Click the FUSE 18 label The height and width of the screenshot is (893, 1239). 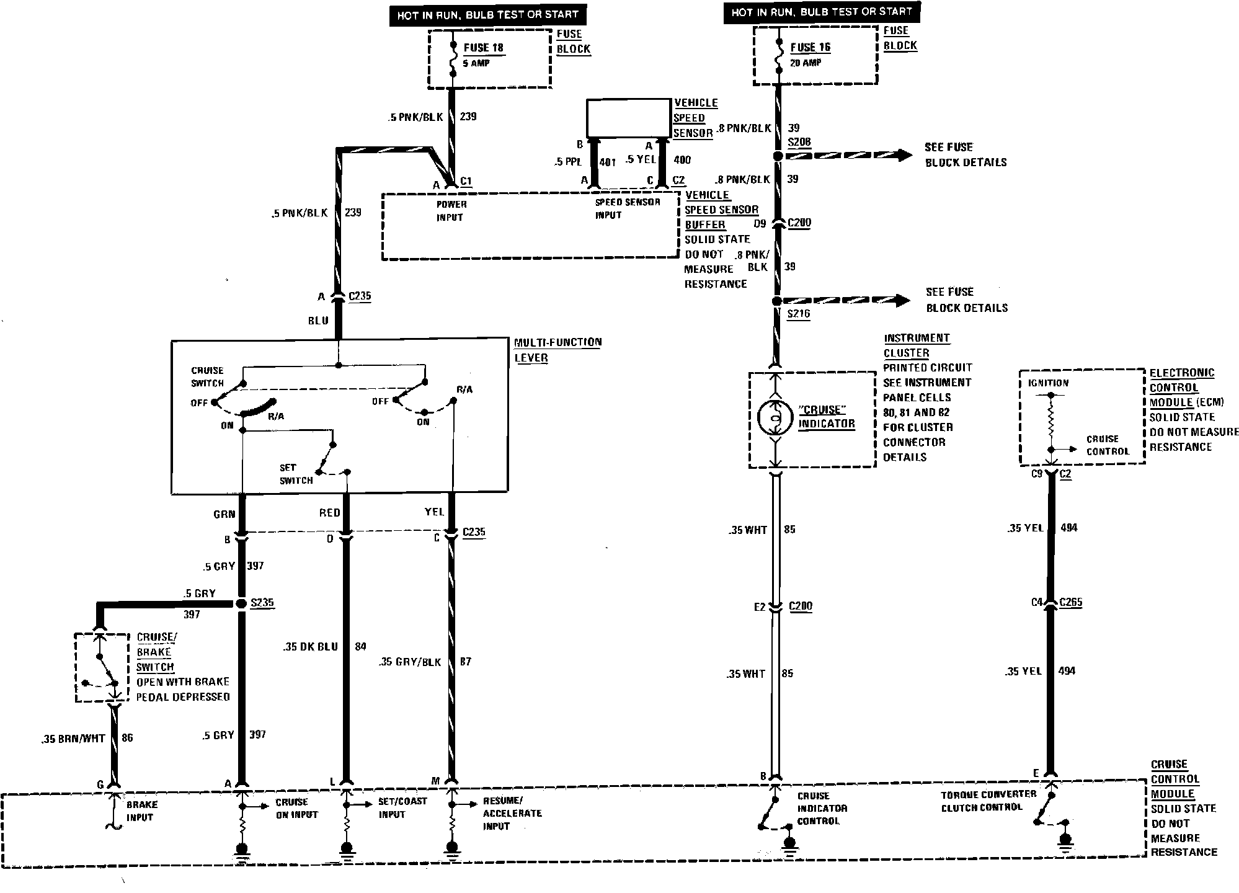(483, 48)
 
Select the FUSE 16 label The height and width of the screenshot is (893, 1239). (810, 47)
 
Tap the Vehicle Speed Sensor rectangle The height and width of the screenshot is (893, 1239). (629, 118)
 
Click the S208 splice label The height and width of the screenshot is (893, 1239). (799, 142)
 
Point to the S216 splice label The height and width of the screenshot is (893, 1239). (798, 314)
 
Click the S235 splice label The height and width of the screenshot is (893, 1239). (262, 603)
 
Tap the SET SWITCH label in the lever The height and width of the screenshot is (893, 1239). (296, 474)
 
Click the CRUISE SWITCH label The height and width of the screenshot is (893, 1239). (207, 376)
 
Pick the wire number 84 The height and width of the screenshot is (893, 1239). (360, 646)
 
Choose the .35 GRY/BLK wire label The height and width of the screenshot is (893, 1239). (409, 662)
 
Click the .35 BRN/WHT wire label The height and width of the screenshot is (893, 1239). (73, 739)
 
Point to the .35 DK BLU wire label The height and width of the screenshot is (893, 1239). (310, 646)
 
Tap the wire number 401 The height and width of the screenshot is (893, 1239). (608, 162)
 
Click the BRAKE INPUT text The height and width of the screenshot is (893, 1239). (141, 811)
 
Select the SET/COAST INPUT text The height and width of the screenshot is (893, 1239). (402, 807)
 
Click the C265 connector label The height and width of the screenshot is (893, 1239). (1070, 602)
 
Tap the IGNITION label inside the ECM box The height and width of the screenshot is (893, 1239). (1048, 383)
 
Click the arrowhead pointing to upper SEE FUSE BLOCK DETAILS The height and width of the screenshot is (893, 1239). (900, 155)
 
